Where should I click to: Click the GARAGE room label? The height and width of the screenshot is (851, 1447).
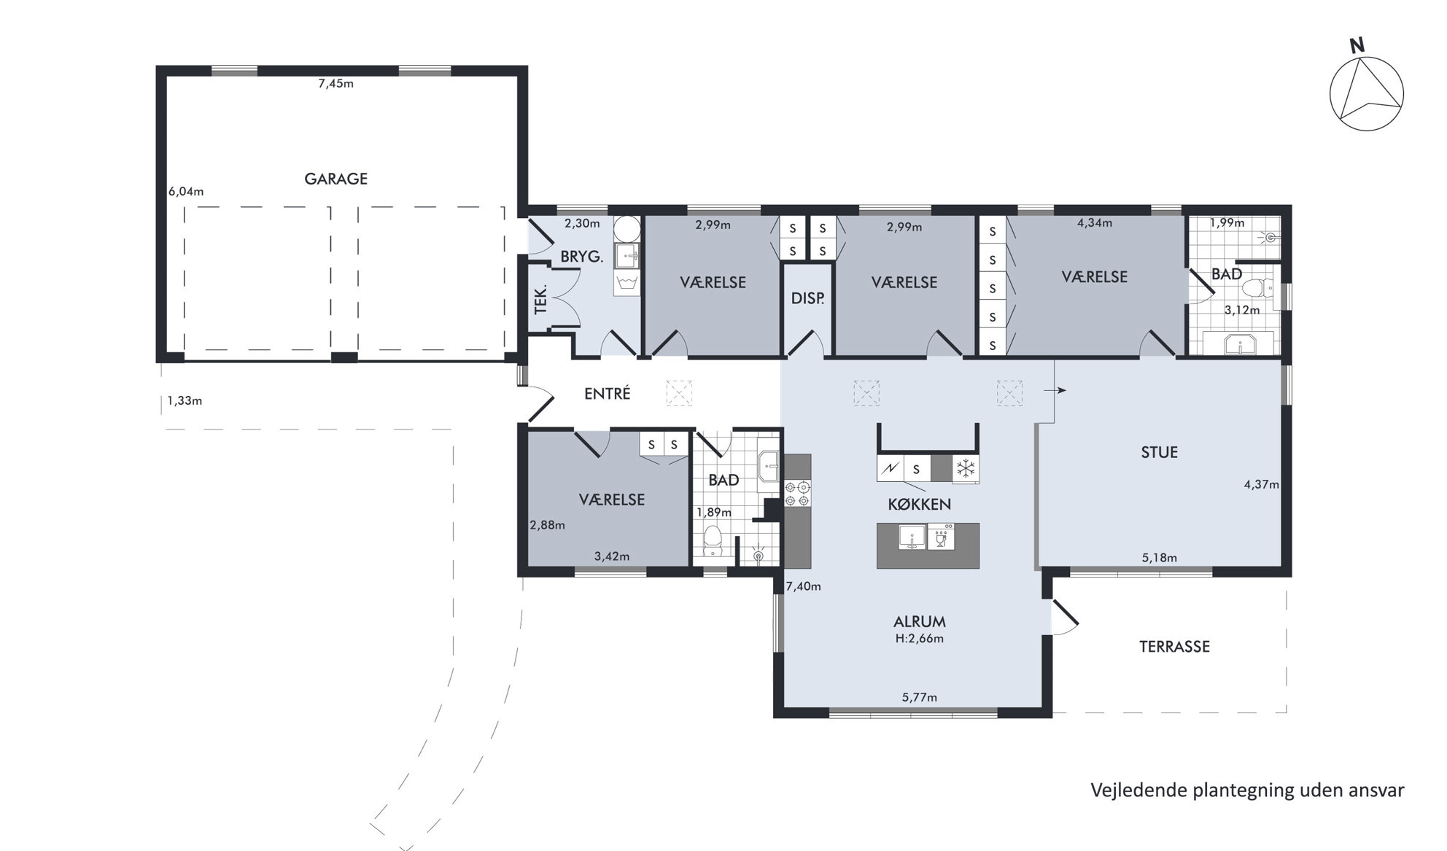coord(335,179)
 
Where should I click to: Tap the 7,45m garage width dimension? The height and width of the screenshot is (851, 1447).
coord(335,83)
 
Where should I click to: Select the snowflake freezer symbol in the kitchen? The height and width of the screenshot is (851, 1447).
coord(966,469)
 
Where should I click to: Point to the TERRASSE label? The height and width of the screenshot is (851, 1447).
coord(1174,647)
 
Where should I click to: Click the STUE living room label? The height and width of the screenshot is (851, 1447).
coord(1159,452)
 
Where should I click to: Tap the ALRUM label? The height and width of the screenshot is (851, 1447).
coord(919,622)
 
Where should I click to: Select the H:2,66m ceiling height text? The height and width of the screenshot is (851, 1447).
coord(919,639)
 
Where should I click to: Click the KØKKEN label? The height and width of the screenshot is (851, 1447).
coord(919,505)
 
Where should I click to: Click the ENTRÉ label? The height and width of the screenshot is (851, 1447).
coord(607,394)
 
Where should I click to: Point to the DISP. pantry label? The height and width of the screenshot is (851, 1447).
coord(807,298)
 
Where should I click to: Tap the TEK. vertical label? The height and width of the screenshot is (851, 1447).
coord(540,299)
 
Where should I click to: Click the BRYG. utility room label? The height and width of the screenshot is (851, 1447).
coord(581,257)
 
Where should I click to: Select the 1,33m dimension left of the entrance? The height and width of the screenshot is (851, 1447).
coord(185,400)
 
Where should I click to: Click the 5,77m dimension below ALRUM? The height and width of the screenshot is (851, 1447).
coord(919,697)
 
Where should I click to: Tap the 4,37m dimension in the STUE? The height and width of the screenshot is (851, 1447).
coord(1261,483)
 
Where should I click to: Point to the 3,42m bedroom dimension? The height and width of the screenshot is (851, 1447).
coord(611,556)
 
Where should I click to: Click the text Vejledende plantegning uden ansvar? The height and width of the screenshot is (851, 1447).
coord(1247,790)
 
